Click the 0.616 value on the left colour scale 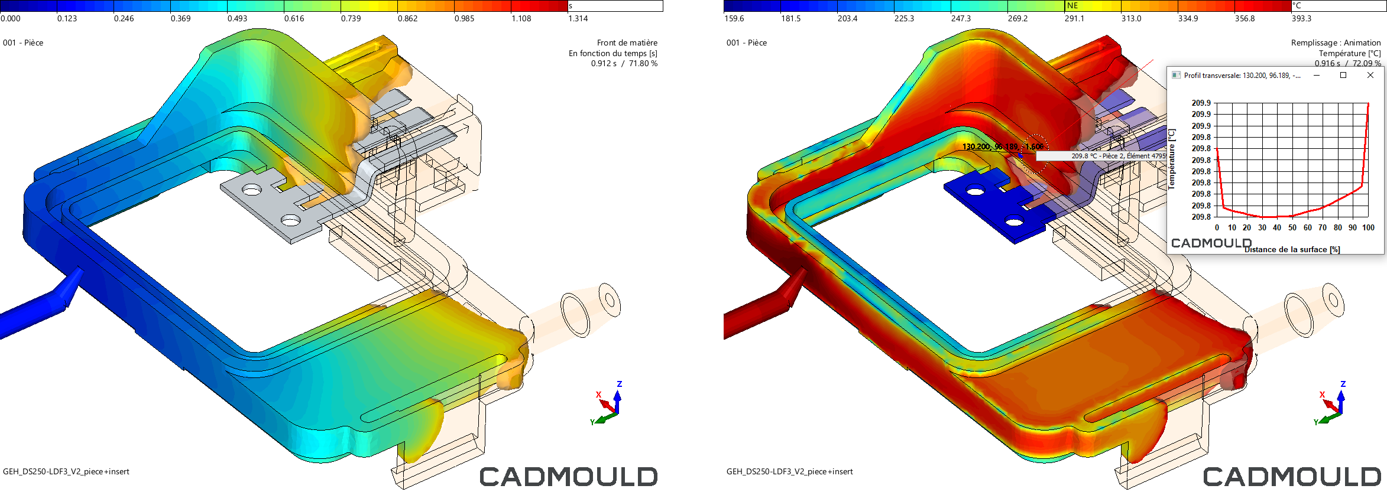(x=294, y=19)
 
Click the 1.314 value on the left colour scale (x=578, y=19)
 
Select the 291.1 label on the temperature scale (x=1074, y=19)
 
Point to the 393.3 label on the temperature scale (x=1301, y=19)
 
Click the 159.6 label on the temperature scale (x=734, y=19)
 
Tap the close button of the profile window (x=1370, y=75)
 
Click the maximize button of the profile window (x=1343, y=75)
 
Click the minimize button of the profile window (x=1317, y=75)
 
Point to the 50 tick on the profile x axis (x=1292, y=228)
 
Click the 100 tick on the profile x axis (x=1368, y=228)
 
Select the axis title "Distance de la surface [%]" (x=1292, y=250)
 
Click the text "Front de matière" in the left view (x=627, y=43)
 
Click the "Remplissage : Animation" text (x=1336, y=43)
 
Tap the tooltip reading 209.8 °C (x=1101, y=156)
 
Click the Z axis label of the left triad (x=619, y=384)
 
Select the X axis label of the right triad (x=1322, y=395)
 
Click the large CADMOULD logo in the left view (x=568, y=477)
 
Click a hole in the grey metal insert (x=252, y=190)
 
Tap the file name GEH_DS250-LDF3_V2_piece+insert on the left (x=66, y=471)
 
